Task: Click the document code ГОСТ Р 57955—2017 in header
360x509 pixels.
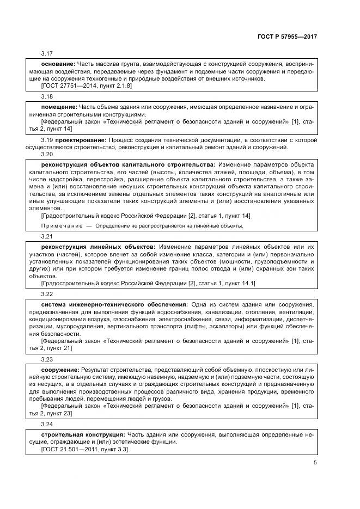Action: coord(288,36)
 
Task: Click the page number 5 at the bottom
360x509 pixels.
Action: coord(315,463)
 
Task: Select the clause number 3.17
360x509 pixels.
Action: coord(47,53)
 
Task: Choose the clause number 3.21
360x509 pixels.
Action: coord(47,237)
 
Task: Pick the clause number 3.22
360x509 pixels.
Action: coord(47,293)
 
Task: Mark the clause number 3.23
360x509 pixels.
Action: coord(47,359)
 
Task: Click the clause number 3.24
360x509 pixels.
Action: coord(47,425)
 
